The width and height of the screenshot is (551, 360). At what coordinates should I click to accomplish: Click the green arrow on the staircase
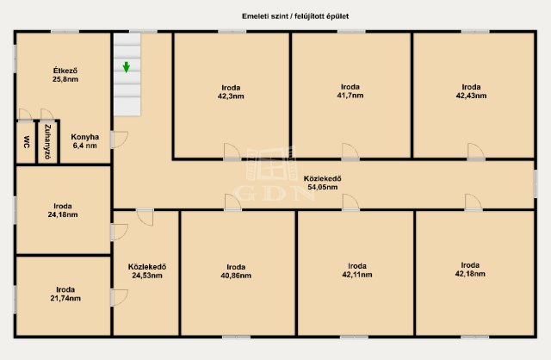[x=127, y=67]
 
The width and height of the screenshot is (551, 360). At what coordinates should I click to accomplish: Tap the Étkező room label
[x=65, y=71]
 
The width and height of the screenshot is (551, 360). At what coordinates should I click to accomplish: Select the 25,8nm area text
[x=65, y=79]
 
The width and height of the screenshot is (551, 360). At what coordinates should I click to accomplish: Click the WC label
[x=27, y=142]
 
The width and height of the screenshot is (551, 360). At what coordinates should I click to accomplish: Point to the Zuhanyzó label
[x=48, y=142]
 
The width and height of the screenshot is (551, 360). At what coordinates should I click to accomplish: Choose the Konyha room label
[x=84, y=137]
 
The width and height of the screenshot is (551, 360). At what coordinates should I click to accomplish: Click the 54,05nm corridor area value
[x=323, y=187]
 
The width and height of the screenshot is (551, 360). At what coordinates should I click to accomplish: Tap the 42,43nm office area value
[x=471, y=96]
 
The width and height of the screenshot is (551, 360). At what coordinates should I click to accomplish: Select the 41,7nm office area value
[x=350, y=96]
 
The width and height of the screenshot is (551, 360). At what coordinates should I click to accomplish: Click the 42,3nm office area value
[x=231, y=96]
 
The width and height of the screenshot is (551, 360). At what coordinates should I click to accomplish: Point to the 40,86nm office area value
[x=236, y=276]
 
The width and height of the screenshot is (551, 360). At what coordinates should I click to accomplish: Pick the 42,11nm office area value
[x=357, y=275]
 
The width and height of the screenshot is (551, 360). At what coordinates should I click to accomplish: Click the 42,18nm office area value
[x=470, y=274]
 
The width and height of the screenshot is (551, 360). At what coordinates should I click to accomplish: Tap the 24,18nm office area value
[x=63, y=214]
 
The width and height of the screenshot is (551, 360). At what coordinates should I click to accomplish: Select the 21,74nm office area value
[x=65, y=298]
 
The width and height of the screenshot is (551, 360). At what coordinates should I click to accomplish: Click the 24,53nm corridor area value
[x=147, y=276]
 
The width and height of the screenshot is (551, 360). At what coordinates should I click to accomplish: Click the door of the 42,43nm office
[x=476, y=152]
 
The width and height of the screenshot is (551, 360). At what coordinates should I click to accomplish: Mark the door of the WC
[x=25, y=115]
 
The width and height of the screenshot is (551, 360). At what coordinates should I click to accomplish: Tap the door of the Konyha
[x=119, y=140]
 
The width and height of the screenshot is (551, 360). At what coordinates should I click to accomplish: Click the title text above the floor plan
[x=295, y=16]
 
